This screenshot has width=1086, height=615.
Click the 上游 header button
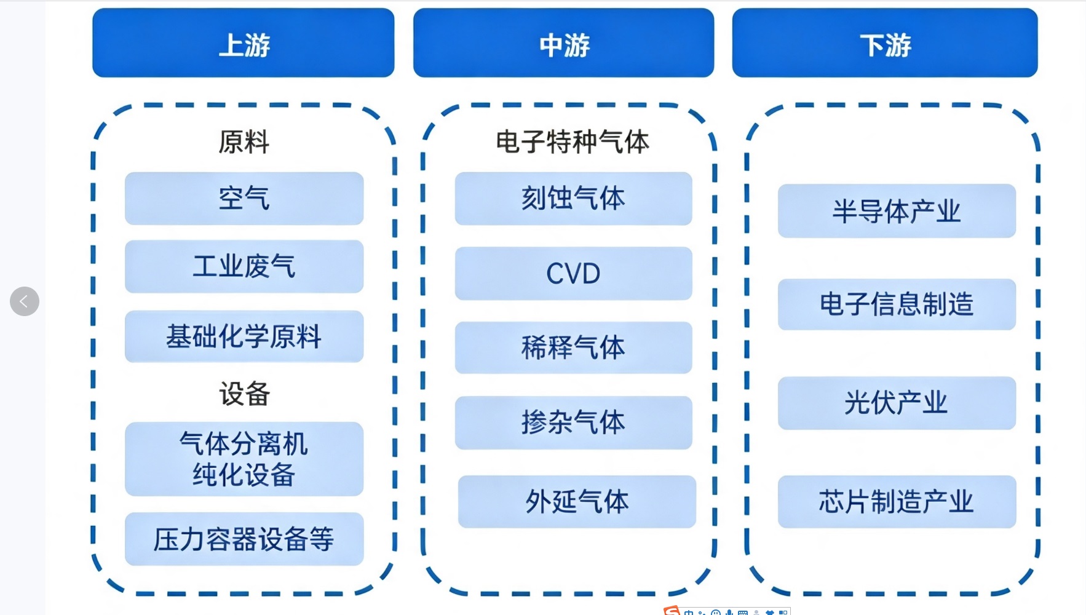[x=244, y=43]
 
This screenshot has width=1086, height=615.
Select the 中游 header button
[x=564, y=43]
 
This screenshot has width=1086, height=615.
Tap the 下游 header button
[x=885, y=43]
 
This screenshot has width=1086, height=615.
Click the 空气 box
[x=244, y=199]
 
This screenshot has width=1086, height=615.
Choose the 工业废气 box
[x=244, y=266]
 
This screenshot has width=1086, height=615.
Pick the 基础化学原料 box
[x=244, y=336]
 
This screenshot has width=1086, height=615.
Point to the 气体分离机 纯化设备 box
[x=244, y=459]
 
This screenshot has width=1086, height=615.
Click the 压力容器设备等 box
[x=244, y=539]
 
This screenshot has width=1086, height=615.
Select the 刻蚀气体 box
[x=574, y=199]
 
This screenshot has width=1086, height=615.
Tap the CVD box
[x=574, y=274]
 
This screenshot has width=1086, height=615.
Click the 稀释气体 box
[x=574, y=347]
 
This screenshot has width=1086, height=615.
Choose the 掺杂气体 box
[x=574, y=423]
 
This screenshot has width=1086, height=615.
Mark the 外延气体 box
[x=577, y=501]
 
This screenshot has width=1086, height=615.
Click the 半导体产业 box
[x=897, y=211]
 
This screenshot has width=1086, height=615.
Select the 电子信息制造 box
[x=897, y=304]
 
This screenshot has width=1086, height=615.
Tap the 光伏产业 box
[x=897, y=403]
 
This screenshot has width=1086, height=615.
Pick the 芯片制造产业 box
[x=897, y=501]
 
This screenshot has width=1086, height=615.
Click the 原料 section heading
[x=244, y=142]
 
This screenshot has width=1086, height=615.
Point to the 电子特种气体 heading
[x=573, y=142]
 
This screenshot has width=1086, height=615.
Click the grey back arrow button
[x=25, y=301]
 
